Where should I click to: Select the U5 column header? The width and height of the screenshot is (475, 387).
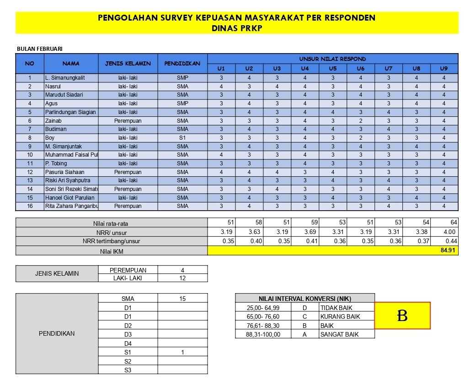coord(332,69)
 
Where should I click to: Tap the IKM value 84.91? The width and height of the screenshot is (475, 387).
coord(448,251)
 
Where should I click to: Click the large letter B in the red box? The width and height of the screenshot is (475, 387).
coord(402,316)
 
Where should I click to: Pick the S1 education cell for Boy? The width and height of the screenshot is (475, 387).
coord(182,138)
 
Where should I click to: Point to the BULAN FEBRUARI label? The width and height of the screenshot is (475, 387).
coord(39,49)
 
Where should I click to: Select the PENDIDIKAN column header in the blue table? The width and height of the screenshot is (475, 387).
coord(182,64)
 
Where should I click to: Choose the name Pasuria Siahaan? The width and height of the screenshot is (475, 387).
coord(64,172)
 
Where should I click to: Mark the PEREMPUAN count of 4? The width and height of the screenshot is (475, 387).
coord(182,270)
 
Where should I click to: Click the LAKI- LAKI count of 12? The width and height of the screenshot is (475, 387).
coord(182,278)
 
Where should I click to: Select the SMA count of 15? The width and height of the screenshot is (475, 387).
coord(182,299)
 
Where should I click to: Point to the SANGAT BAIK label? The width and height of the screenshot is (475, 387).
coord(340,334)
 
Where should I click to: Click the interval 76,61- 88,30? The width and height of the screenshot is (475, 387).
coord(263,326)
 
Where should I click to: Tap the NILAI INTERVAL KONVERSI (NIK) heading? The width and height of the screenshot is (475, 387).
coord(305,299)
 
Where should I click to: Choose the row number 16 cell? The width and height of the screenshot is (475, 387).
coord(30,207)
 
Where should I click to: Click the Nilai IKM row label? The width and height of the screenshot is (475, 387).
coord(112,251)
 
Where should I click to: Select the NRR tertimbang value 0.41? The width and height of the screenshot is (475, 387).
coord(304,241)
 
